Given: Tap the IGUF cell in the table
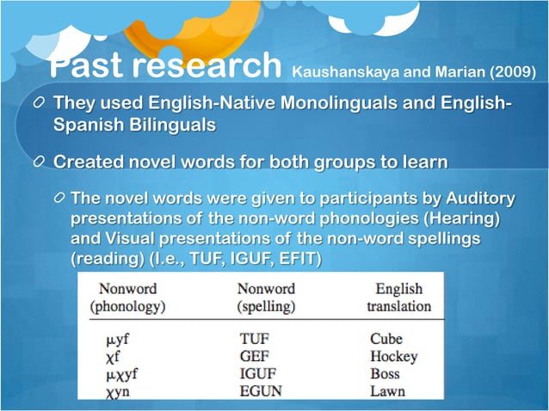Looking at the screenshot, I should tap(257, 375).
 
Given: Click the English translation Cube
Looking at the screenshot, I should tap(386, 340).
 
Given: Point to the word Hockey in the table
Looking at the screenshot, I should tap(393, 357).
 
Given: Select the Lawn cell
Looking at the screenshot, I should tap(387, 392).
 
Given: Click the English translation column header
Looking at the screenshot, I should tap(398, 298).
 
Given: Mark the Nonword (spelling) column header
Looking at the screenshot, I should tap(266, 298).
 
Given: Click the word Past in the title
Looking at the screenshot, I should tap(88, 64).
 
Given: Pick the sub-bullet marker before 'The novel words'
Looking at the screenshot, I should tap(58, 200).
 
